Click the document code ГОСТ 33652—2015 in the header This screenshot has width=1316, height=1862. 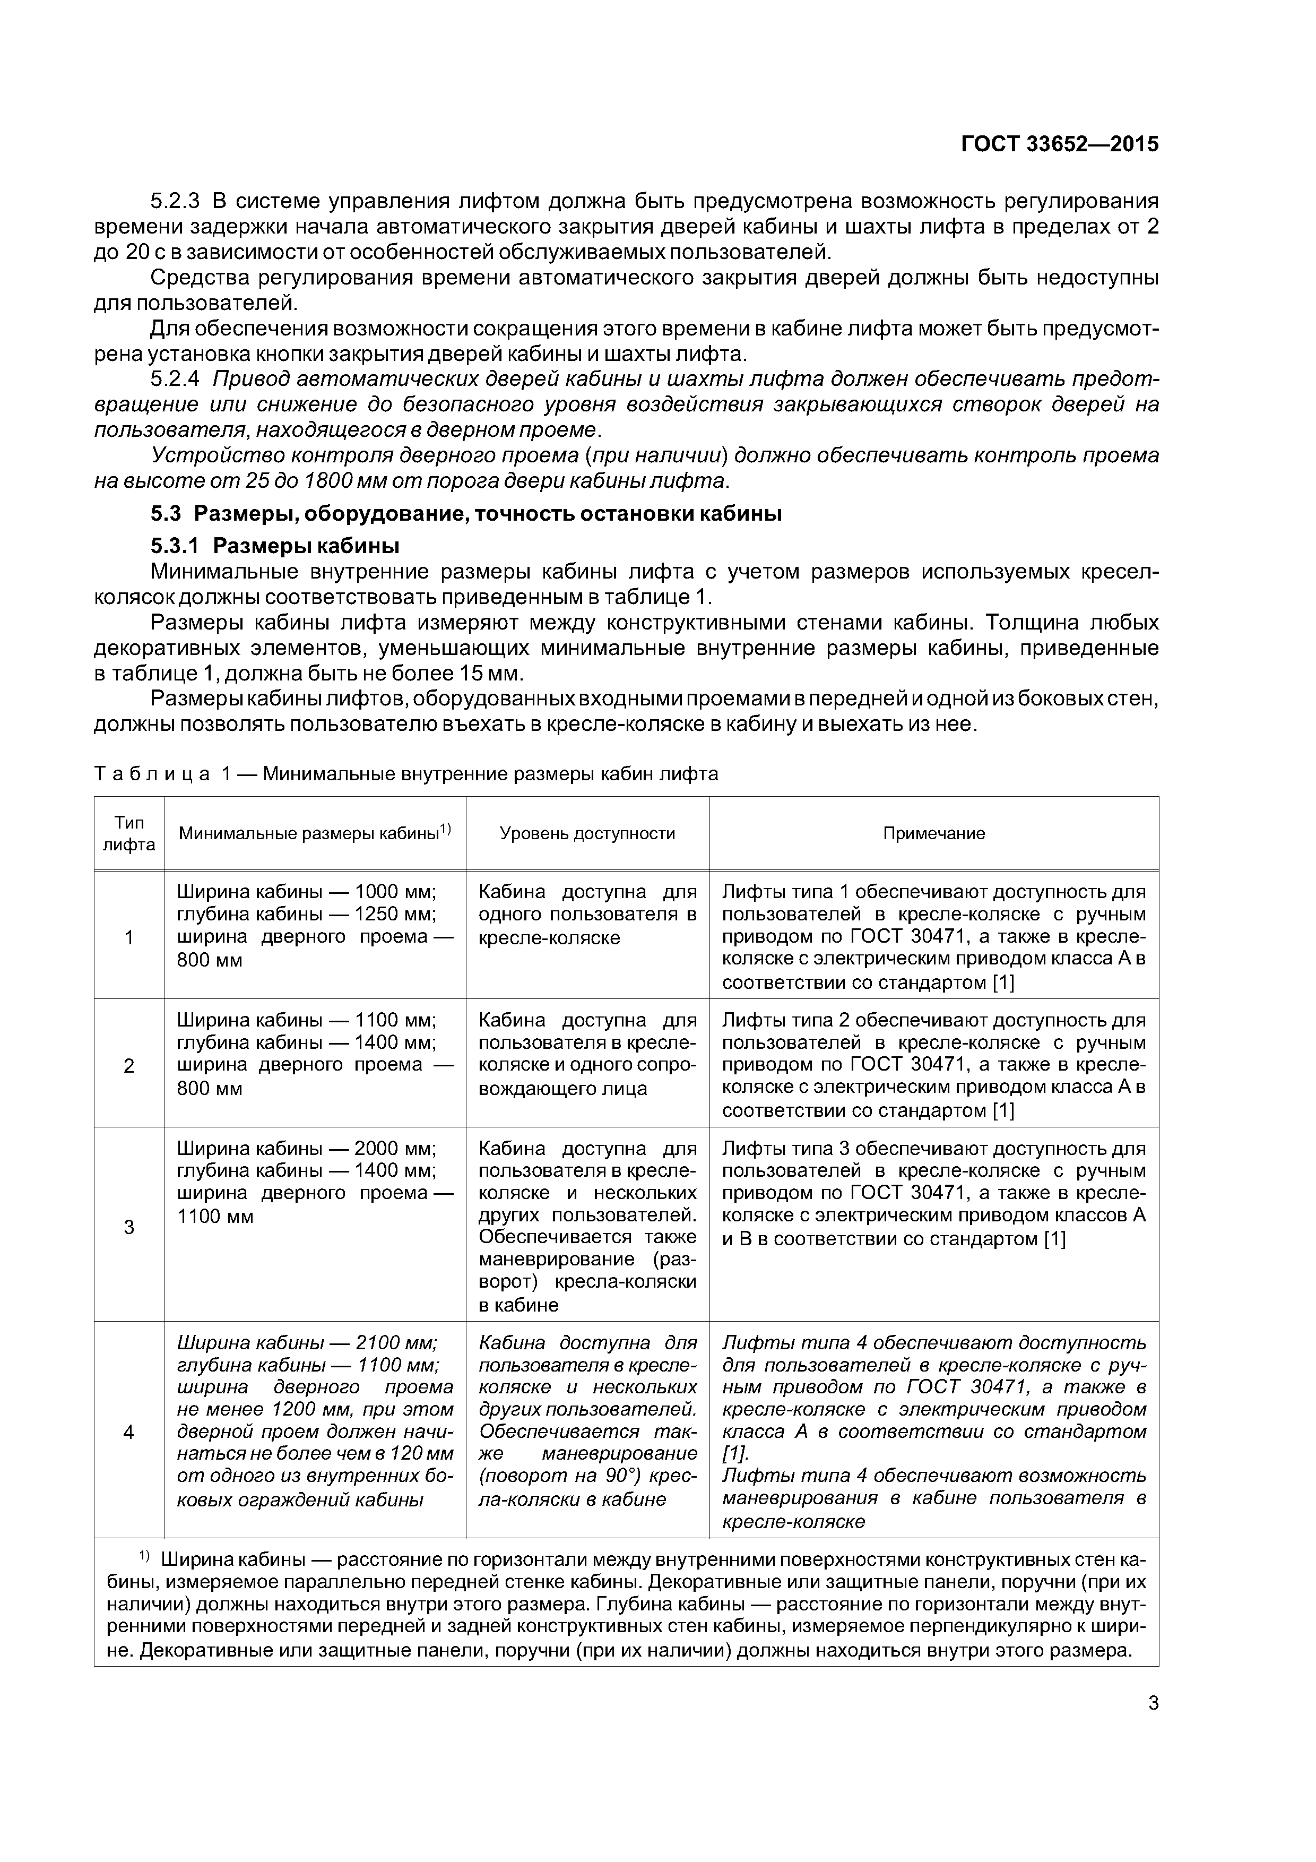[x=1059, y=144]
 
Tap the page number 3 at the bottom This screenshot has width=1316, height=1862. [x=1153, y=1703]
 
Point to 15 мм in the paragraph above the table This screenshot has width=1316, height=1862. [x=501, y=674]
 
